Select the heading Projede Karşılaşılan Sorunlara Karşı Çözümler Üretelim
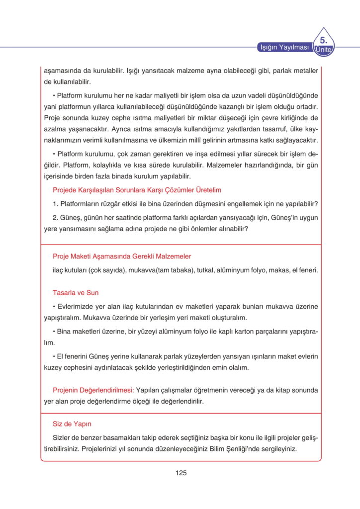tap(137, 190)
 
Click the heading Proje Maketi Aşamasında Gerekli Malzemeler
tap(122, 256)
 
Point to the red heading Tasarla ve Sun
tap(76, 293)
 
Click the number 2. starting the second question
tap(56, 217)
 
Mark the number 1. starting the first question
tap(56, 204)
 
